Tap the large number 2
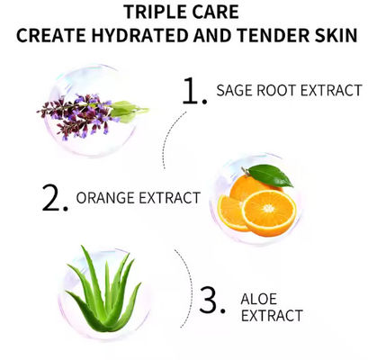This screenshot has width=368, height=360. tap(55, 198)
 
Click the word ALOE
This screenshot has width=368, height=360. tap(259, 298)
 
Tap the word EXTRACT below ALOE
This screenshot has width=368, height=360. tap(272, 316)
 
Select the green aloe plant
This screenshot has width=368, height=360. tap(104, 290)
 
